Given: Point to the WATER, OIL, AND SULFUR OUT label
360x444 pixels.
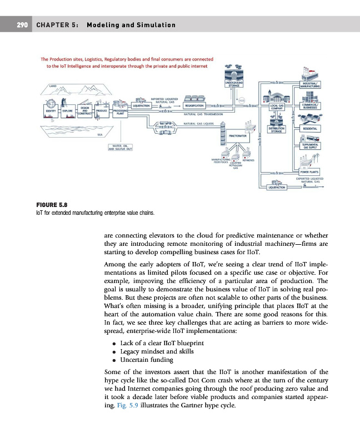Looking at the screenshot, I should click(x=120, y=147).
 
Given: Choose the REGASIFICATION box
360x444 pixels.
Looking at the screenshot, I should click(x=196, y=105).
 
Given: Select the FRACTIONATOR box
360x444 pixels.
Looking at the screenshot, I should click(x=238, y=135).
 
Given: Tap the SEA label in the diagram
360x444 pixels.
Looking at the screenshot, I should click(x=100, y=134).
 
